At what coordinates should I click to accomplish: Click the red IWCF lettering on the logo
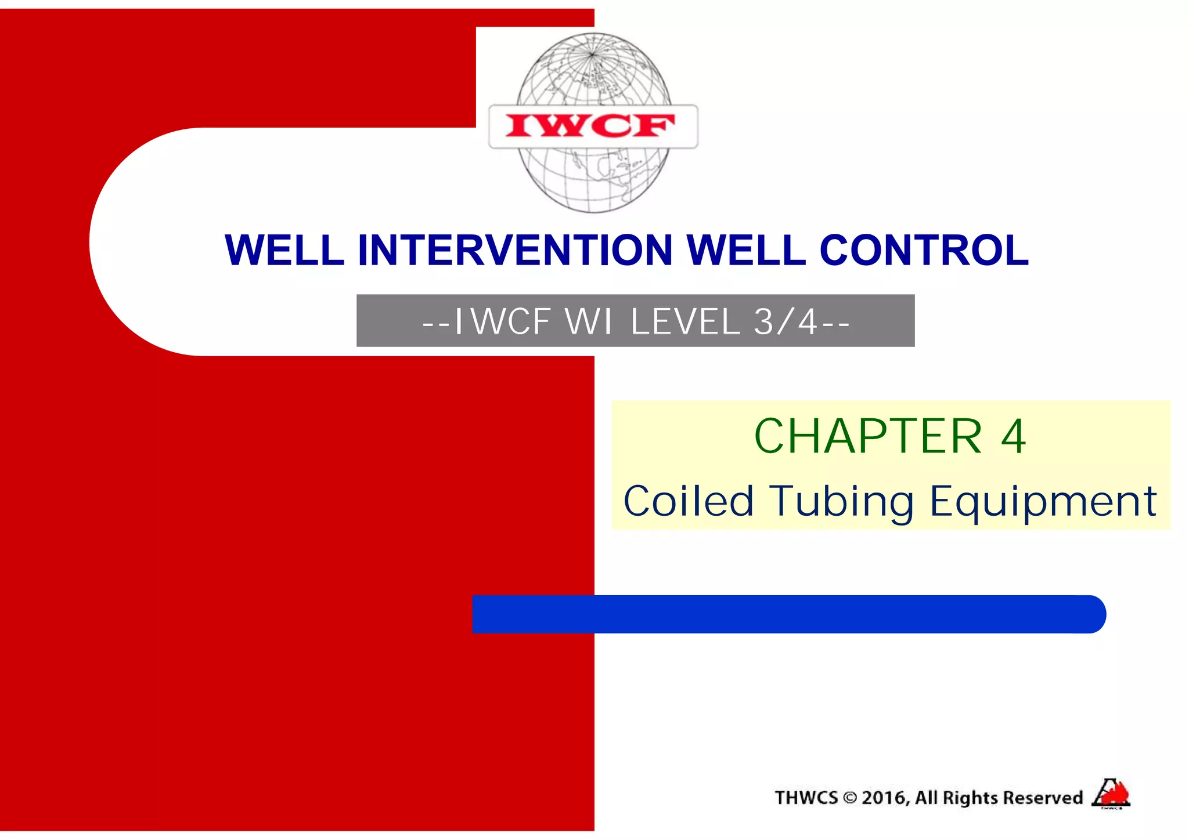tap(590, 126)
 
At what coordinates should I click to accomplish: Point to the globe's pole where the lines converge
tap(592, 55)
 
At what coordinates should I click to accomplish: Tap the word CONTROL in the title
tap(924, 251)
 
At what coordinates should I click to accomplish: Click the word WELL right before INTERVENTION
tap(284, 251)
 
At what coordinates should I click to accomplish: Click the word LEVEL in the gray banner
tap(685, 321)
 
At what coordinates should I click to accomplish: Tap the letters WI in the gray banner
tap(589, 321)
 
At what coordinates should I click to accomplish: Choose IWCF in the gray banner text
tap(503, 321)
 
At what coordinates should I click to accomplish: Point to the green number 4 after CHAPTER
tap(1014, 436)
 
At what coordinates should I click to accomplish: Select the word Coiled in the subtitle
tap(689, 501)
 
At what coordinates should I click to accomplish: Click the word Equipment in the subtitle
tap(1043, 502)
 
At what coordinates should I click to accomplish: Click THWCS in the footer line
tap(806, 798)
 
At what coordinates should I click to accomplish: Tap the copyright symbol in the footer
tap(850, 798)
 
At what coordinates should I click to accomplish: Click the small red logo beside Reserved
tap(1111, 794)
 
